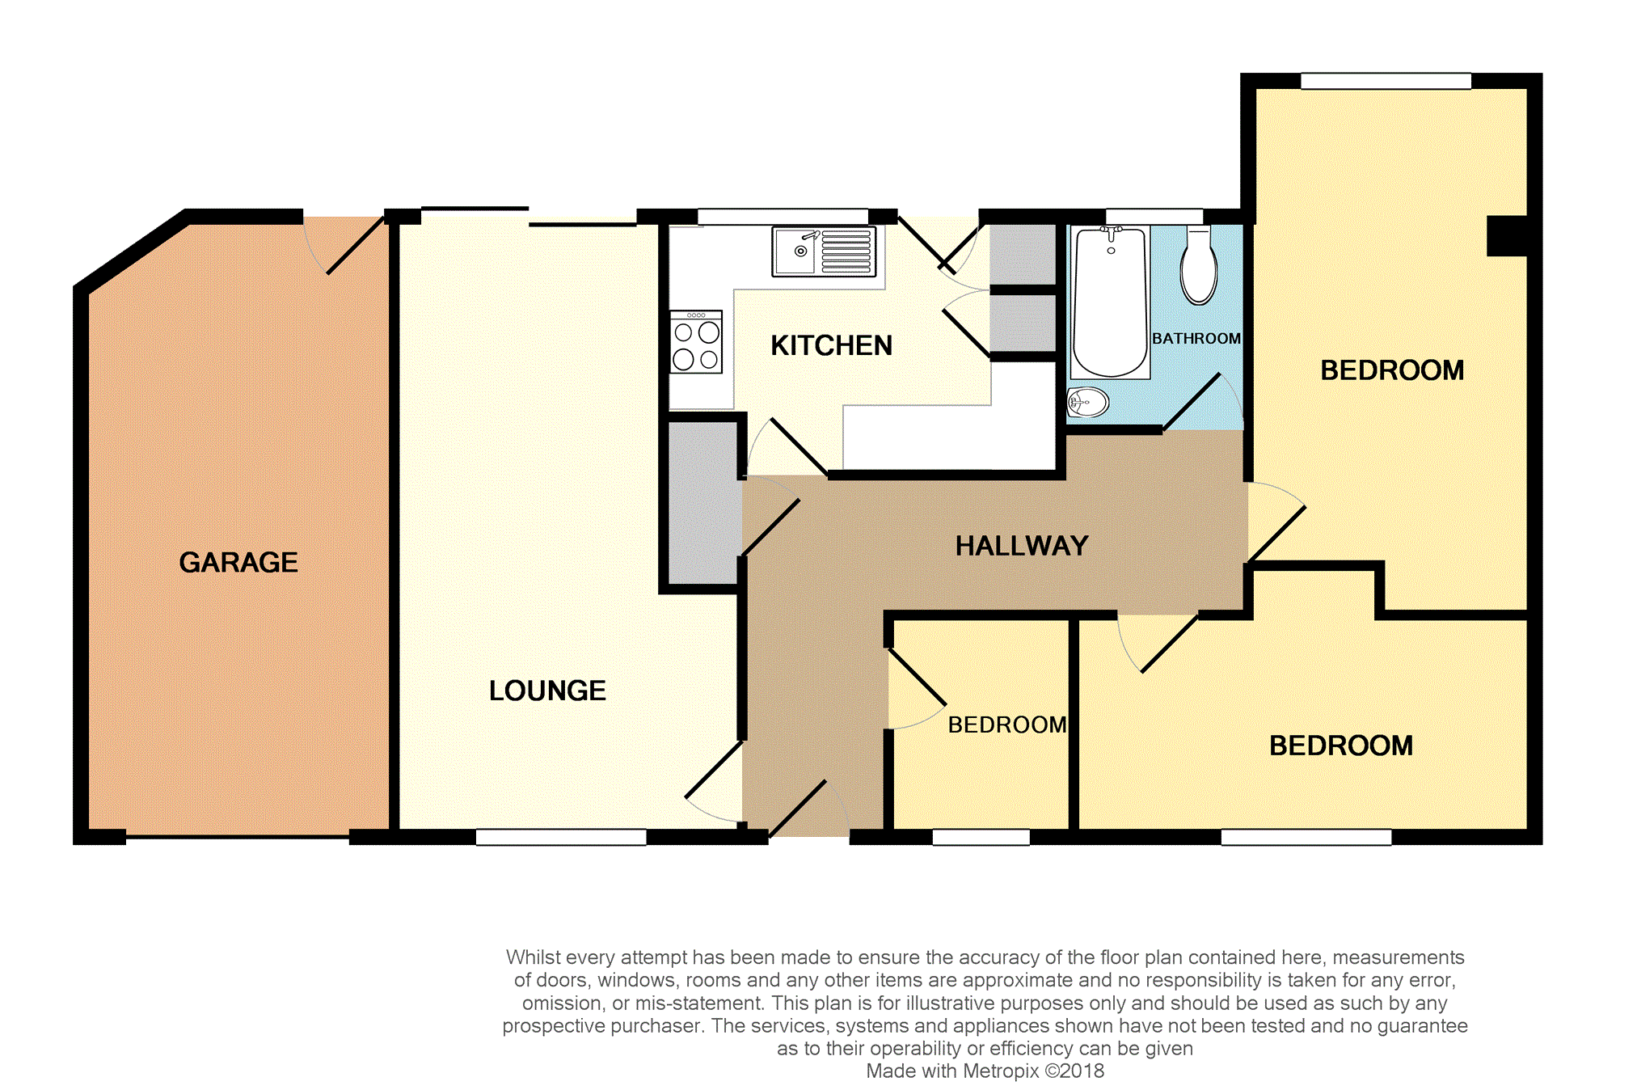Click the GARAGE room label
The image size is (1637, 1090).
tap(238, 562)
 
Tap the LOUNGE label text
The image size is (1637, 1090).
tap(547, 691)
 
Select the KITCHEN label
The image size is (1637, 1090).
tap(831, 345)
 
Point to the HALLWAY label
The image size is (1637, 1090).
tap(1022, 546)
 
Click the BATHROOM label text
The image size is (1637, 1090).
tap(1196, 338)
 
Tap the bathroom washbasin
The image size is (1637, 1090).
tap(1088, 402)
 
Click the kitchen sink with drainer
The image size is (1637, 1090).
tap(824, 251)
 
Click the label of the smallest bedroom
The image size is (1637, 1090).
tap(1007, 725)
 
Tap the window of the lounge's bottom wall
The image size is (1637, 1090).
tap(561, 837)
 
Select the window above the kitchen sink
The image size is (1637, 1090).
tap(783, 217)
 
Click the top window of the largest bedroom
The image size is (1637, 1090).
tap(1386, 81)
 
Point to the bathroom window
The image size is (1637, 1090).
tap(1154, 216)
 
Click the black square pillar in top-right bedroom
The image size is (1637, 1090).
tap(1507, 236)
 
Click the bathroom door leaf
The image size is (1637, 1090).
tap(1192, 402)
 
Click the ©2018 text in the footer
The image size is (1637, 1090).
tap(1074, 1071)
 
